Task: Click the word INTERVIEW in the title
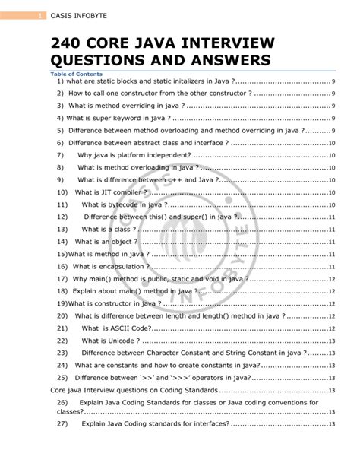pos(227,43)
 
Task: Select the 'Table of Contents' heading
pos(76,74)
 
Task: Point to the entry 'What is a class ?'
pos(111,229)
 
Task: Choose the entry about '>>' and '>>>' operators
pos(163,378)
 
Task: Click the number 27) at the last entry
pos(63,423)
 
